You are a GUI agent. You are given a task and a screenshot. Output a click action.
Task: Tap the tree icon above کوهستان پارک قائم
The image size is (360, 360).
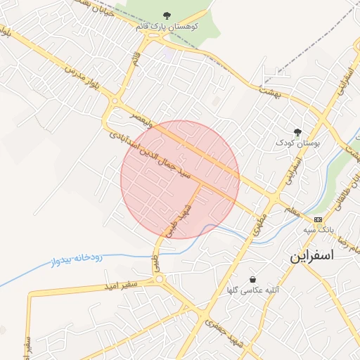coord(167,15)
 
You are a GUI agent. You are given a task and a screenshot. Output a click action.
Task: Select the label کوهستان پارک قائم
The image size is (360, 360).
coord(167,27)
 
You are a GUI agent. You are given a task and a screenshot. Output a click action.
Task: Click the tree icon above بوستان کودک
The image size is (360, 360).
coord(297,131)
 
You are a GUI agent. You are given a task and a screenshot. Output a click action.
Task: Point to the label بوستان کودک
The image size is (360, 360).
coord(297,142)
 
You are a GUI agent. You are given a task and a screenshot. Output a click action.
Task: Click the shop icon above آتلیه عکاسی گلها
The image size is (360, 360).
coord(252,279)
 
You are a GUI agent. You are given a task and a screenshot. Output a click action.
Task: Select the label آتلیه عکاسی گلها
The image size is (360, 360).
coord(252,290)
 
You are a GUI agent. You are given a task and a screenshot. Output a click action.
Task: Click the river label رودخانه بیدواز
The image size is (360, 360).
coord(75,259)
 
